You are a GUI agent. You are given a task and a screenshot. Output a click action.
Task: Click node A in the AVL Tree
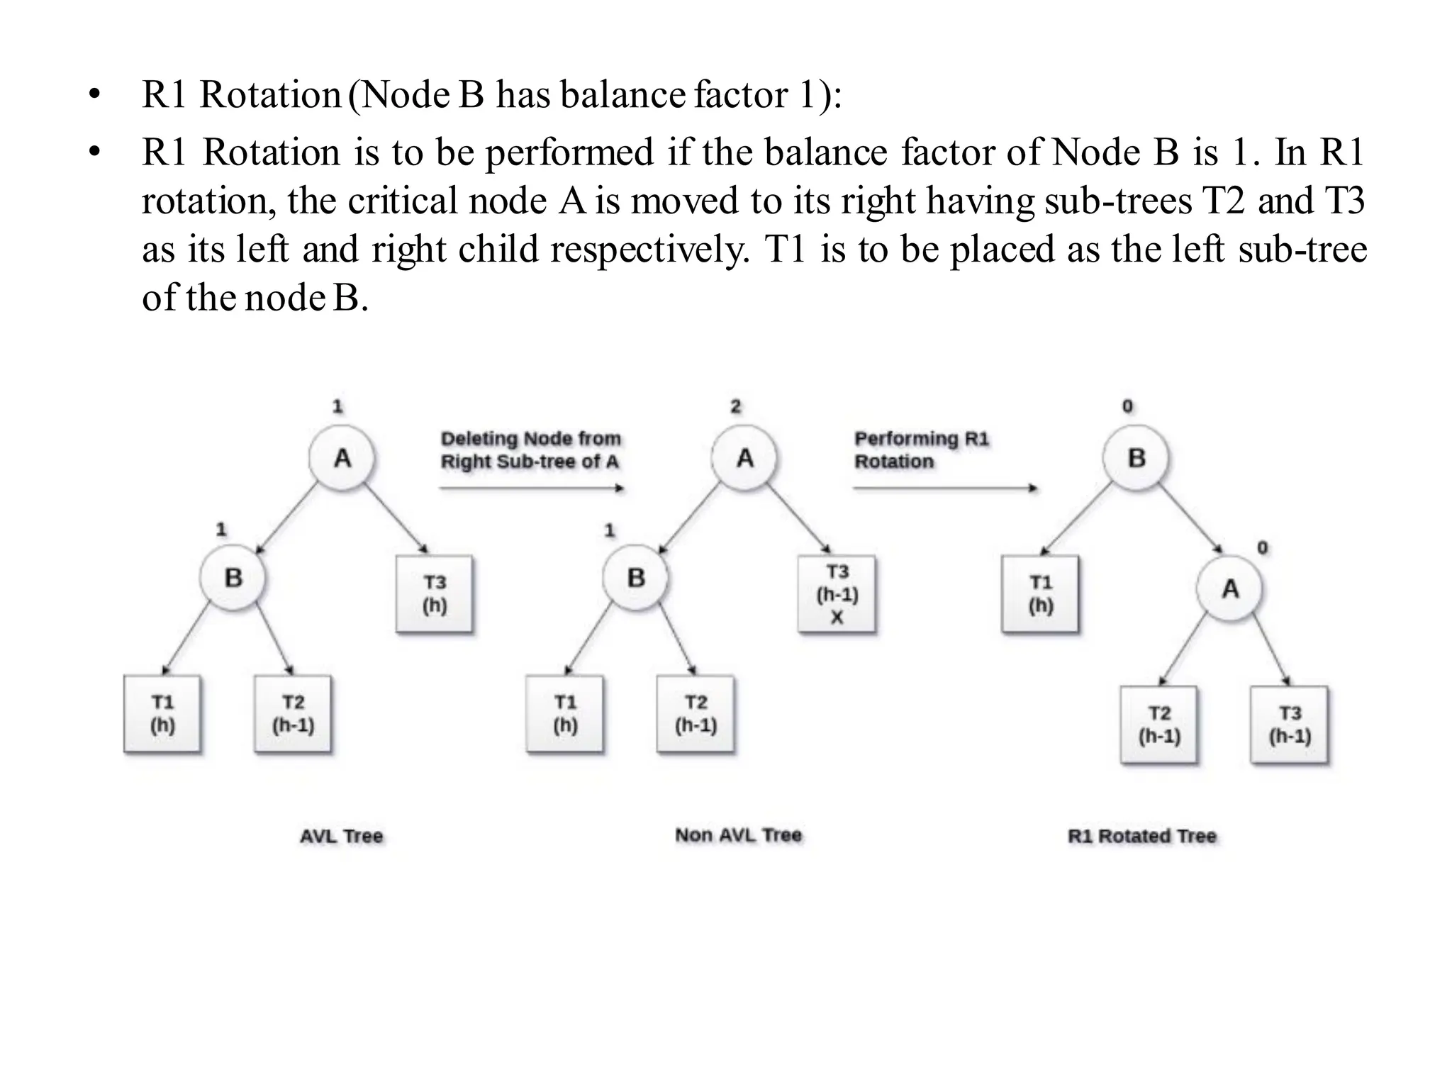tap(342, 458)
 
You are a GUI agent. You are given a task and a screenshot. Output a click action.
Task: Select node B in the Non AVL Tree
tap(635, 577)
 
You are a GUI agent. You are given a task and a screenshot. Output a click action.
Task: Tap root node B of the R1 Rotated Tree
tap(1136, 458)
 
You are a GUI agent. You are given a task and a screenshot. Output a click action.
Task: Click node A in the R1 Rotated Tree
tap(1230, 588)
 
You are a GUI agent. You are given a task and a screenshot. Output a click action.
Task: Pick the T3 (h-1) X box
tap(837, 594)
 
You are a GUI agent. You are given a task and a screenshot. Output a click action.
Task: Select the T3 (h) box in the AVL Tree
tap(434, 594)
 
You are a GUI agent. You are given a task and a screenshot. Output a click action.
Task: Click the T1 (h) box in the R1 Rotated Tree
tap(1040, 594)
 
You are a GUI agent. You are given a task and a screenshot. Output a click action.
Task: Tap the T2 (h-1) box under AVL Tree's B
tap(293, 714)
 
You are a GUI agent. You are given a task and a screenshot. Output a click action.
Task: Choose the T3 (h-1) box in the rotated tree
tap(1289, 725)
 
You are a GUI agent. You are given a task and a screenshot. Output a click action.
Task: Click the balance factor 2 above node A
tap(735, 406)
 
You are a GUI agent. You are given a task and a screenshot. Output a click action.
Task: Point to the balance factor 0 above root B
tap(1127, 406)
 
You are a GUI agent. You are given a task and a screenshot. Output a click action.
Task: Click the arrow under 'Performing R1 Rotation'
tap(945, 488)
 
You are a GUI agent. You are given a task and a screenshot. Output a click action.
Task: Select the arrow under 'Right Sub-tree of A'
tap(531, 488)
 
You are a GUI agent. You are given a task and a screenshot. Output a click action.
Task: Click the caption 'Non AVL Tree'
tap(738, 835)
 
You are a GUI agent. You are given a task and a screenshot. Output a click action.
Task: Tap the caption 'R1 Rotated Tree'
tap(1141, 836)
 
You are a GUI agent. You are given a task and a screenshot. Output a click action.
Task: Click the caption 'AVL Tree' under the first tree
tap(341, 836)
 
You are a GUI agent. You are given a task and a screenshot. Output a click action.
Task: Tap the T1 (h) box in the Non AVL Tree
tap(565, 714)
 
